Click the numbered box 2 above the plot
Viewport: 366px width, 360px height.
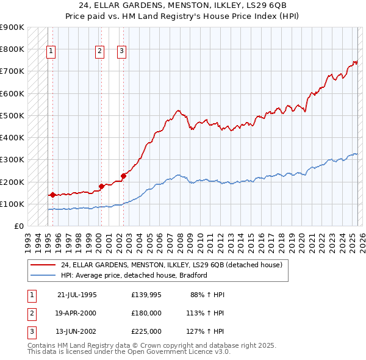pyautogui.click(x=99, y=51)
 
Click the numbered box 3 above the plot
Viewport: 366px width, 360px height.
pyautogui.click(x=121, y=51)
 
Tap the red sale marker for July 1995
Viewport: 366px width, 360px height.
pyautogui.click(x=52, y=195)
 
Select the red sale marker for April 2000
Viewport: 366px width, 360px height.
pyautogui.click(x=101, y=187)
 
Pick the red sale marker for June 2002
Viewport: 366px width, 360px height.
pyautogui.click(x=123, y=176)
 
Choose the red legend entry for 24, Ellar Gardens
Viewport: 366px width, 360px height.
pyautogui.click(x=171, y=265)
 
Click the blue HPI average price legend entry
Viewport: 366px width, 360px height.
pyautogui.click(x=134, y=275)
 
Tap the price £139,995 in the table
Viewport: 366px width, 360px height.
pyautogui.click(x=146, y=294)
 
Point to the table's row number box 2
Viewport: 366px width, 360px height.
pyautogui.click(x=30, y=312)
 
